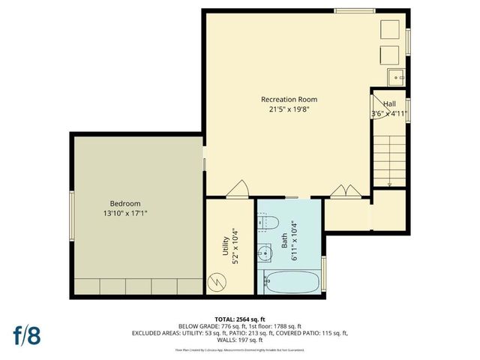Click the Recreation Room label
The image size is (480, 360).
coord(289,99)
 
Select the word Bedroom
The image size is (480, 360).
coord(125,204)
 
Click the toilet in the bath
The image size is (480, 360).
coord(270,223)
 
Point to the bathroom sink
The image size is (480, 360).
coord(263,252)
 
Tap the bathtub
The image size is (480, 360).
coord(289,283)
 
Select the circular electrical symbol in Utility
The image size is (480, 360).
coord(216,283)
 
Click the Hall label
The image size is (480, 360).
coord(389,103)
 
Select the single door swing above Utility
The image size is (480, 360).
coord(238,188)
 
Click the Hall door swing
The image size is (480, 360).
coord(379,100)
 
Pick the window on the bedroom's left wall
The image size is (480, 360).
coord(72,217)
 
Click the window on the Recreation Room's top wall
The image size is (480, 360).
coord(355,10)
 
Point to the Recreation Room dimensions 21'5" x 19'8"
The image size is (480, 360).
coord(289,109)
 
